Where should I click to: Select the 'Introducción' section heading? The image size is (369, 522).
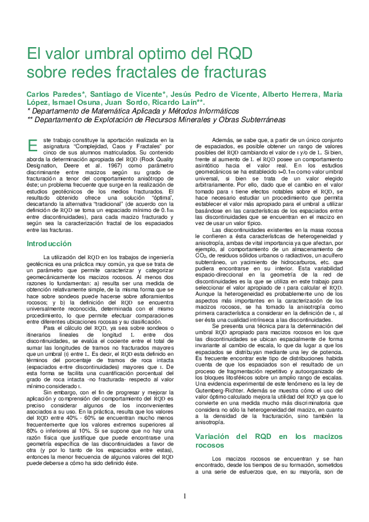tap(49, 244)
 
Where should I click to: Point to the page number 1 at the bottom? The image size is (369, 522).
tap(185, 497)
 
